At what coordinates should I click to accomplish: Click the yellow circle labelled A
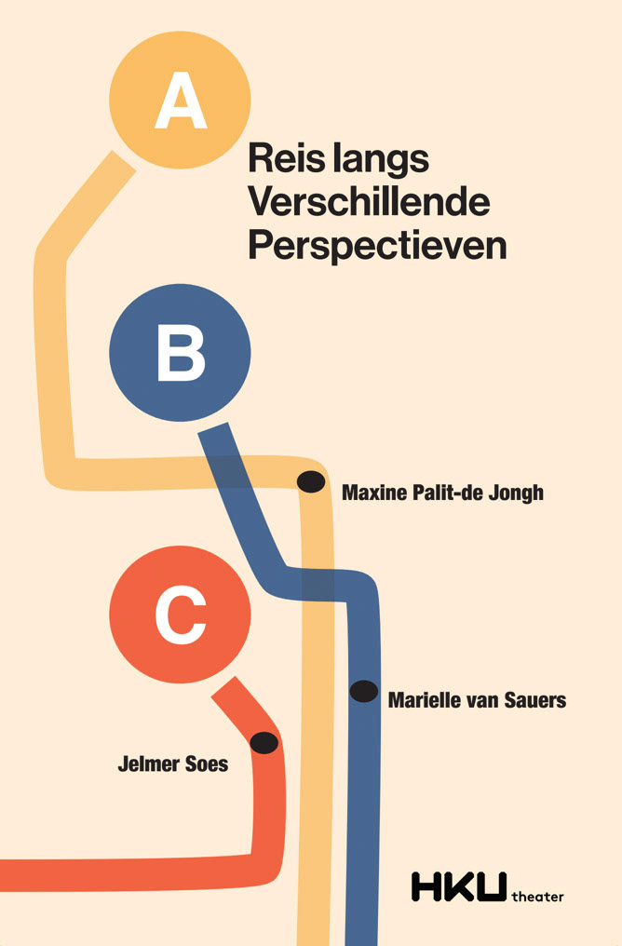pyautogui.click(x=180, y=99)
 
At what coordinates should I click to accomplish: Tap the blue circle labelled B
pyautogui.click(x=180, y=353)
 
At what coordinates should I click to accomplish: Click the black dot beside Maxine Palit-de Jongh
pyautogui.click(x=310, y=481)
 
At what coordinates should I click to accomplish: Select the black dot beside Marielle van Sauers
pyautogui.click(x=363, y=691)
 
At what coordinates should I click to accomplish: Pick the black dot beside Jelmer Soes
pyautogui.click(x=264, y=742)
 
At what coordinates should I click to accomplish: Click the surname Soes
pyautogui.click(x=207, y=765)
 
